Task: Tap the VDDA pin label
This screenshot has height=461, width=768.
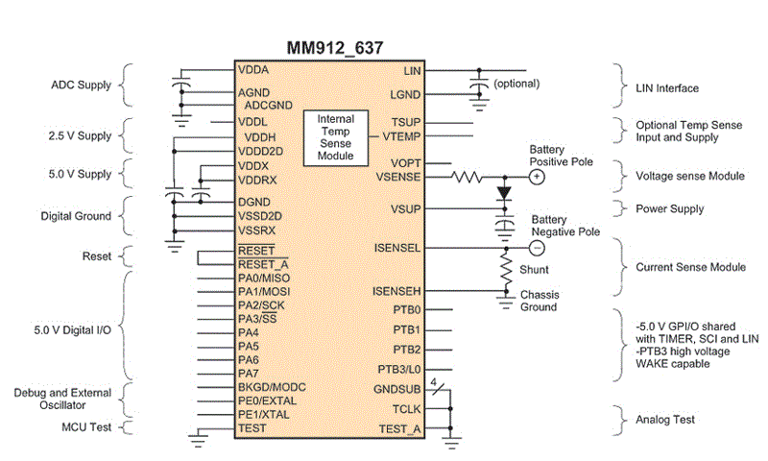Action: [254, 70]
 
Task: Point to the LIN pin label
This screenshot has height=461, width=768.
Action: [413, 70]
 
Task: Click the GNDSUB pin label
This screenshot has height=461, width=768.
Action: [399, 390]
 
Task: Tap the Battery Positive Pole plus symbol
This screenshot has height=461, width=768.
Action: [538, 178]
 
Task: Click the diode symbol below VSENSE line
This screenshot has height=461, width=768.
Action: [504, 193]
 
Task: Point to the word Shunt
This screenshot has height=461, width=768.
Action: [536, 270]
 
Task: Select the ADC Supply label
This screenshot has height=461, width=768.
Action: [81, 84]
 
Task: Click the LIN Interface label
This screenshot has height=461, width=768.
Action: [667, 88]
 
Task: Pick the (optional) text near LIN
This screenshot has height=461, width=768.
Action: [519, 85]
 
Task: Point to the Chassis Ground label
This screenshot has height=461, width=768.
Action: [539, 301]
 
